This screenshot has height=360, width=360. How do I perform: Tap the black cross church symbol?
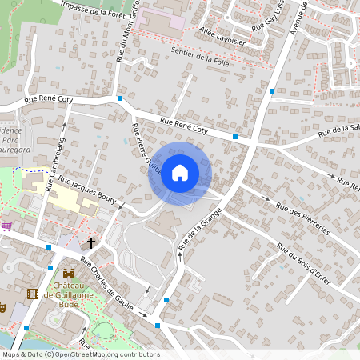91,242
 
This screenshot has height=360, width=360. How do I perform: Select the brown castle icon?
69,274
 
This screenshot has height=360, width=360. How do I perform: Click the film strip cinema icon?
32,294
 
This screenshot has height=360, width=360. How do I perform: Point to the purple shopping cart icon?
6,226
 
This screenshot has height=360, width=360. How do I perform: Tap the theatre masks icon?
2,307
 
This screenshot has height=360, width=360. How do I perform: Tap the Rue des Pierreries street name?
302,217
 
